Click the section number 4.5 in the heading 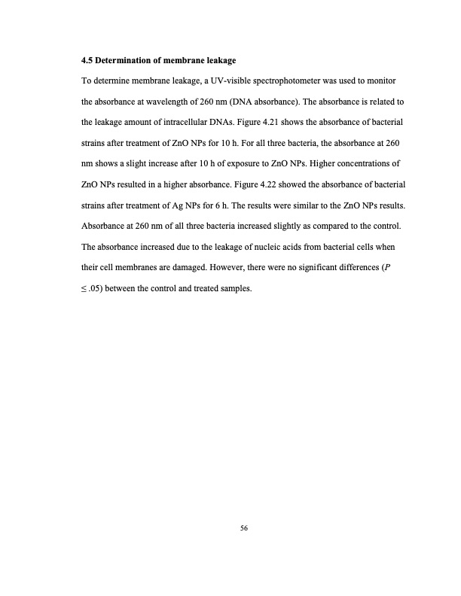click(87, 59)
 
